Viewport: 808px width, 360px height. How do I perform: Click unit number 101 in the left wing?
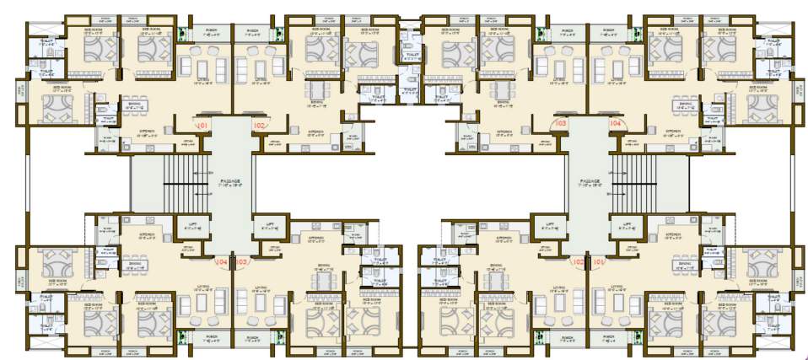click(x=202, y=126)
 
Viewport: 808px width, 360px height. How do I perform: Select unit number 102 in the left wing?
click(x=259, y=126)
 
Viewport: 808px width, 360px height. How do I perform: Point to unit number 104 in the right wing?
click(x=616, y=124)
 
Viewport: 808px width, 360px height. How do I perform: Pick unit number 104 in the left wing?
click(x=222, y=261)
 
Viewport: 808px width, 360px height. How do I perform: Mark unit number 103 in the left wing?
click(x=244, y=261)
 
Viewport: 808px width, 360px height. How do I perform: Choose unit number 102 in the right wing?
click(x=578, y=261)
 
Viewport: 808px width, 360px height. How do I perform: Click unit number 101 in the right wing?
click(x=600, y=261)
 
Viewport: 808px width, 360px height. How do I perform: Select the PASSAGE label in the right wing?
click(x=589, y=181)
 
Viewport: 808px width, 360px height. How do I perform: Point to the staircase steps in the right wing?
click(x=638, y=181)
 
